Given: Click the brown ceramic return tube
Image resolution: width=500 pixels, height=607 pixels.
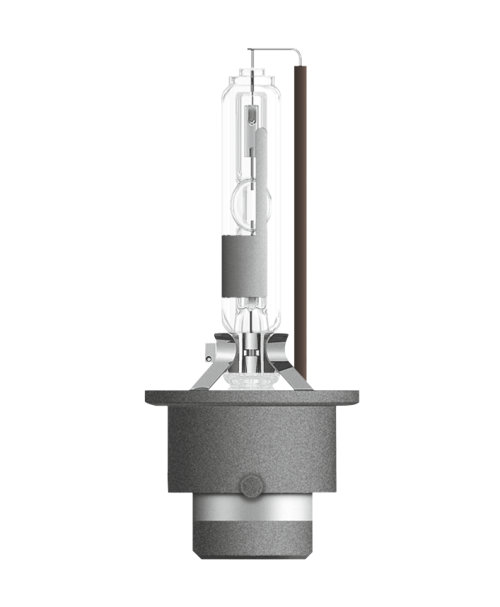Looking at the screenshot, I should pyautogui.click(x=299, y=200).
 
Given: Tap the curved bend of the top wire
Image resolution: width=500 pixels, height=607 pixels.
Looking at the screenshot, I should pyautogui.click(x=296, y=51).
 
